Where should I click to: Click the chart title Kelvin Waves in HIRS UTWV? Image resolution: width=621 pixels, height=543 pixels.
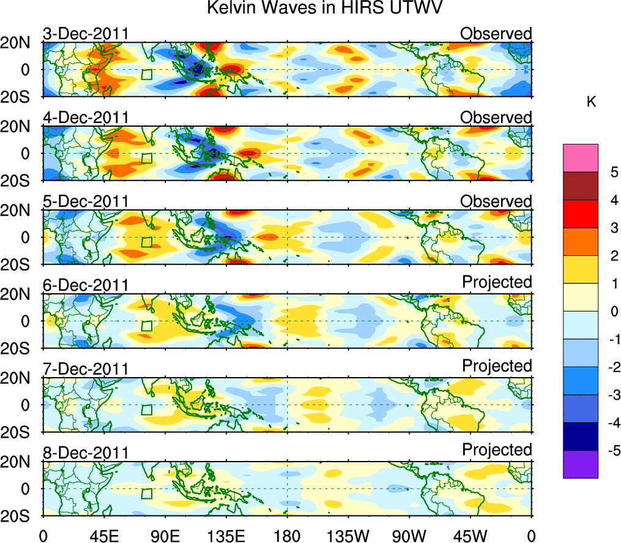click(324, 9)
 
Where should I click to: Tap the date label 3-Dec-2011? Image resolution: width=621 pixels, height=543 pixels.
click(86, 34)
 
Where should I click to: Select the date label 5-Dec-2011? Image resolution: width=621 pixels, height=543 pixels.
click(86, 201)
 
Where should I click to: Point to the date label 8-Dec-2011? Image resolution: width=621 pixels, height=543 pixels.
click(86, 453)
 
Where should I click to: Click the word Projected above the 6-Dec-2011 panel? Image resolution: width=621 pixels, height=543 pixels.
click(497, 282)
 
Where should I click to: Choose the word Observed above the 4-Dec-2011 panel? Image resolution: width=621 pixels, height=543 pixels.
click(496, 117)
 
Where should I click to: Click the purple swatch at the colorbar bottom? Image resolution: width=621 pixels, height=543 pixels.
click(580, 464)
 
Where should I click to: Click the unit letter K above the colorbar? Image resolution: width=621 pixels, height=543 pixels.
click(591, 102)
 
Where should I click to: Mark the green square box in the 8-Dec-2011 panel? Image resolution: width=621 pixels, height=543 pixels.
click(147, 493)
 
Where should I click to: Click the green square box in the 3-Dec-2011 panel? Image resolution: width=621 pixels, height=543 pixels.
click(147, 74)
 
